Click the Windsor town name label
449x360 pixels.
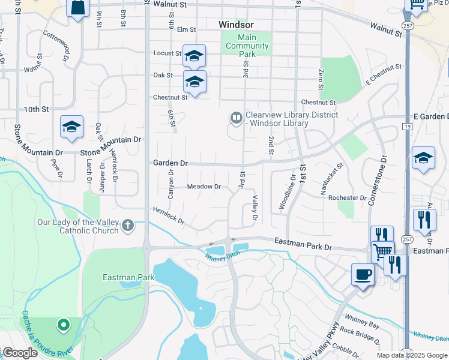236,25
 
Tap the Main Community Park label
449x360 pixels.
247,46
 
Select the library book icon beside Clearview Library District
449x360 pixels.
237,118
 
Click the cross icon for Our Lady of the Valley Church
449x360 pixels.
127,226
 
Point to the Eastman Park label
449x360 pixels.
128,277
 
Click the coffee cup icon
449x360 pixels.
362,275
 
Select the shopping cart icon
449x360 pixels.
382,250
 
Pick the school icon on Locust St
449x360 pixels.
194,56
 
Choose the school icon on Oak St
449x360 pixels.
194,81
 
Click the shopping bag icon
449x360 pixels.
78,8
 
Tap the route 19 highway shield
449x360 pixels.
407,127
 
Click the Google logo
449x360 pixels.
20,353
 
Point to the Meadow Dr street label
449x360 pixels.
204,187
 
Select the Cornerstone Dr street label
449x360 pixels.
378,181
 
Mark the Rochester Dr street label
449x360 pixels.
347,197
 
